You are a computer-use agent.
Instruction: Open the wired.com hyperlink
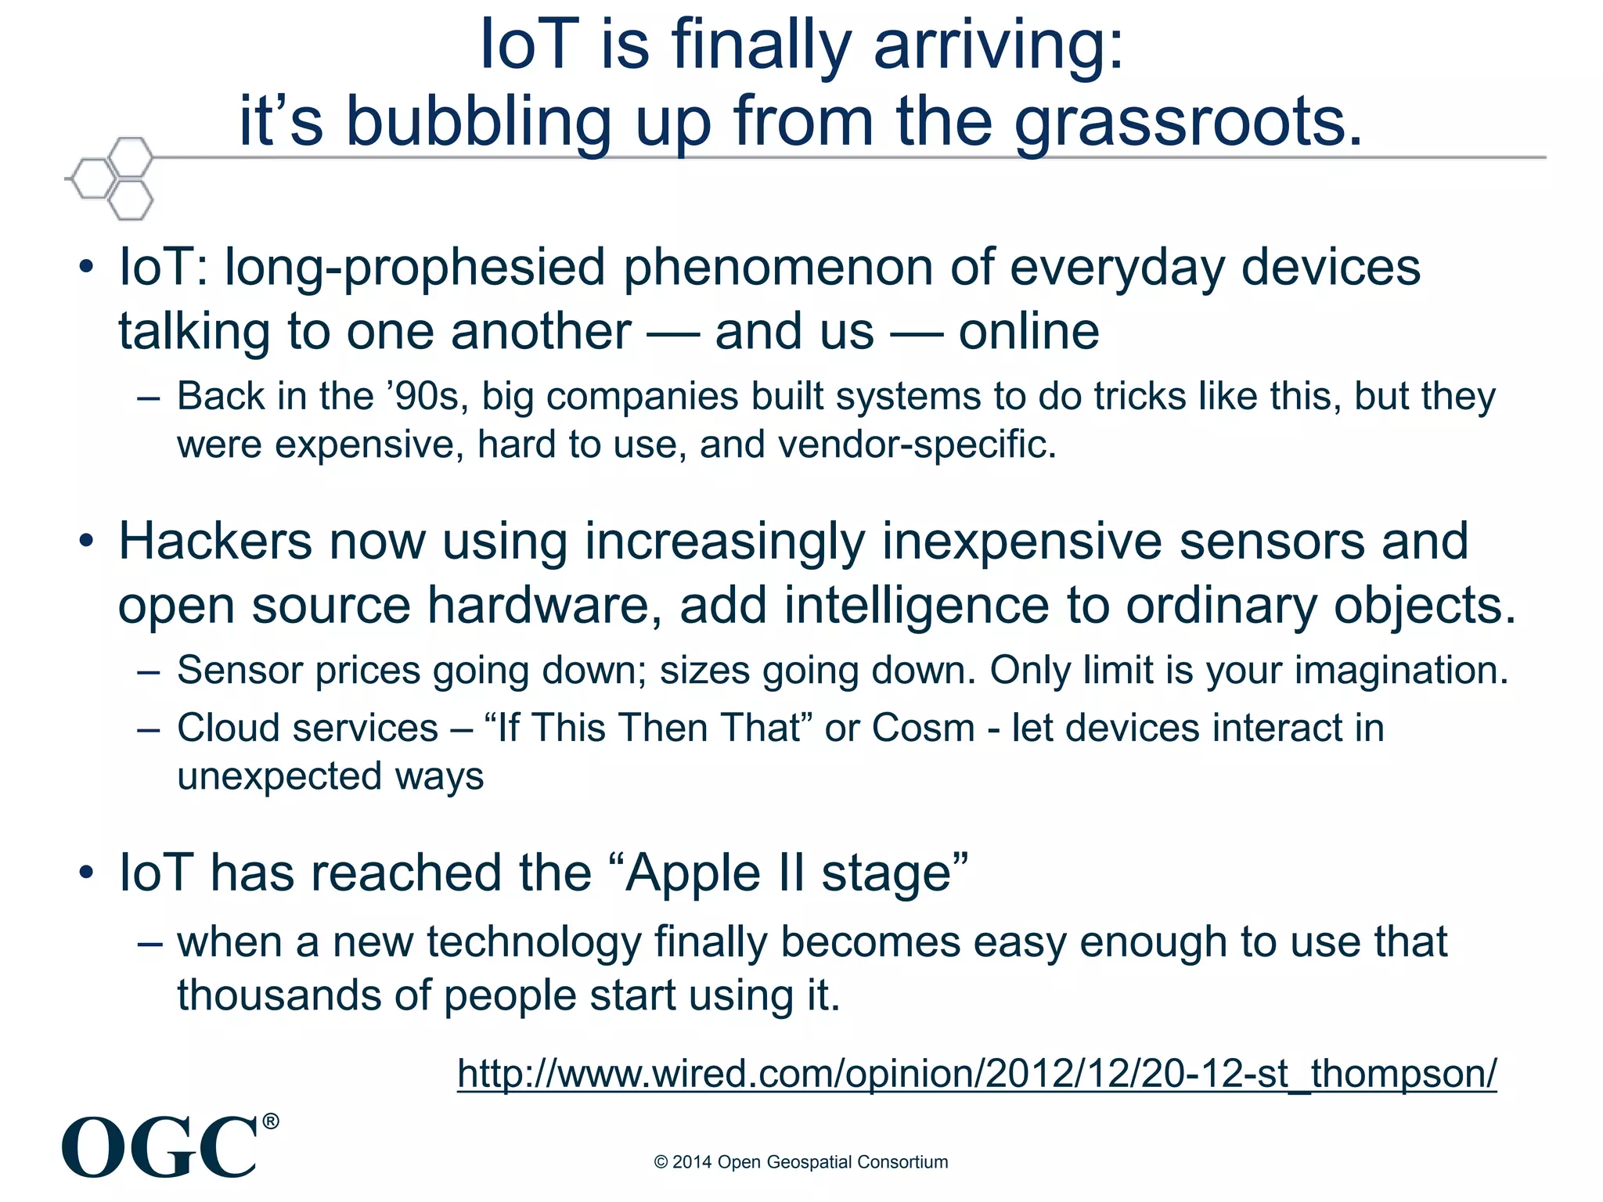[x=976, y=1074]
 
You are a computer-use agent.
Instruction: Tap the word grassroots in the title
[x=1189, y=123]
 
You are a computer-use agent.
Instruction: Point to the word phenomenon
[x=778, y=268]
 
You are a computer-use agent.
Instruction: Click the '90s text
[x=427, y=396]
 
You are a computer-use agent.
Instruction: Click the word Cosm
[x=923, y=728]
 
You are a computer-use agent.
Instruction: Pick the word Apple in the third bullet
[x=692, y=873]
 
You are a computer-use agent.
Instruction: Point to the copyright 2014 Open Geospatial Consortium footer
[x=801, y=1162]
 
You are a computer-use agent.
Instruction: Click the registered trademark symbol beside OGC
[x=270, y=1121]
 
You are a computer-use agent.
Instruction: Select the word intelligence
[x=916, y=606]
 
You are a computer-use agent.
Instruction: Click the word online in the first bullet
[x=1028, y=332]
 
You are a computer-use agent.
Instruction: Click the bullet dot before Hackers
[x=86, y=541]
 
